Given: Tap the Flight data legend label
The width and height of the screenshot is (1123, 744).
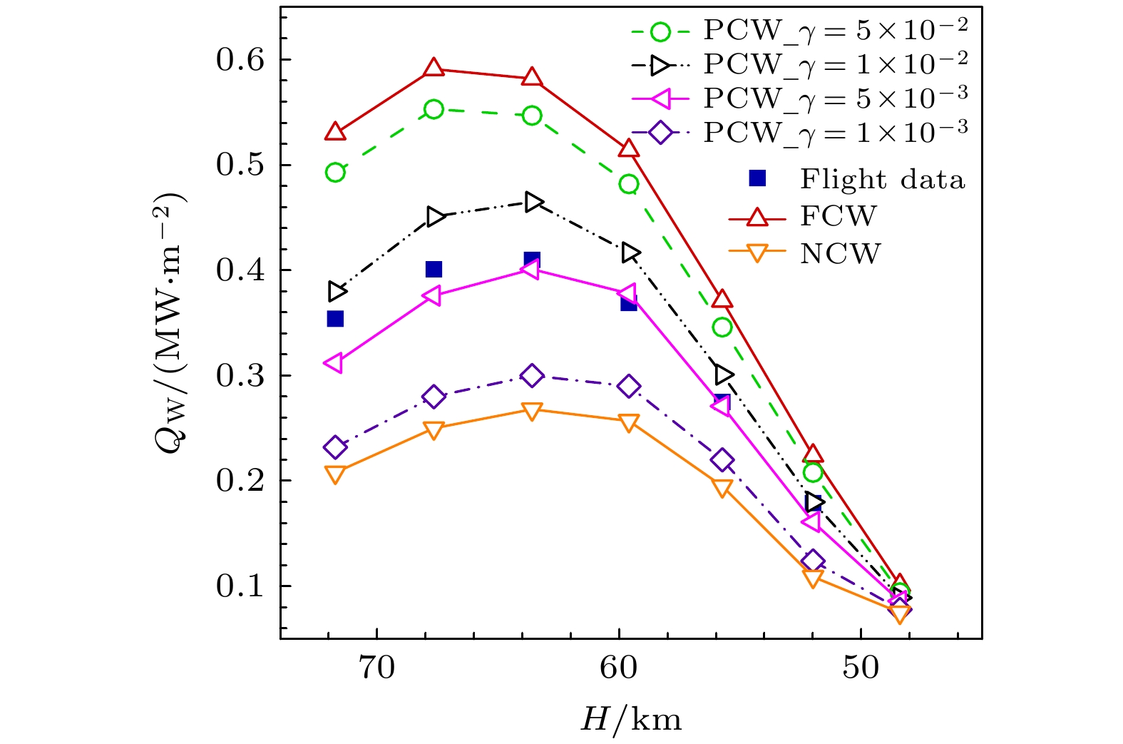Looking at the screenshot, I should click(882, 179).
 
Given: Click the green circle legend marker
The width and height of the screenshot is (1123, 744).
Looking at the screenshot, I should click(661, 31).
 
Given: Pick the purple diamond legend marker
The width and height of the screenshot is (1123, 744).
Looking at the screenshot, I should click(661, 132).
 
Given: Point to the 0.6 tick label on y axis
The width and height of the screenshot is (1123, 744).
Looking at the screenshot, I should click(240, 60).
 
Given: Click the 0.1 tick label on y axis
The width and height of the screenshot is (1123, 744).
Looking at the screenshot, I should click(240, 586).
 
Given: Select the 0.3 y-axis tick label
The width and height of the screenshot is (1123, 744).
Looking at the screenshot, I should click(240, 376).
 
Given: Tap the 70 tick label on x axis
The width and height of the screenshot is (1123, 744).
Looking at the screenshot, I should click(376, 668).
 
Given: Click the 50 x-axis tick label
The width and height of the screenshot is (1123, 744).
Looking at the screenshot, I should click(861, 668).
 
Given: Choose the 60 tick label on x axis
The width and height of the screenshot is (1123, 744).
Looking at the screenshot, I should click(618, 668).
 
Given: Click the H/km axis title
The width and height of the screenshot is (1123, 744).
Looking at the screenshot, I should click(631, 719).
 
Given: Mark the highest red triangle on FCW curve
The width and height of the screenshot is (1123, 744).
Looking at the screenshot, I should click(434, 68).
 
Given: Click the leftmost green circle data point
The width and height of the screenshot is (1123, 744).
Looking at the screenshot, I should click(335, 173).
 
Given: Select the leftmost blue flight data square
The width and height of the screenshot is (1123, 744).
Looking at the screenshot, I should click(335, 319).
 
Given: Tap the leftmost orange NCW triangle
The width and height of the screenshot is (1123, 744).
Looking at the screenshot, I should click(335, 474).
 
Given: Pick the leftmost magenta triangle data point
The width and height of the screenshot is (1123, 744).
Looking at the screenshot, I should click(334, 363).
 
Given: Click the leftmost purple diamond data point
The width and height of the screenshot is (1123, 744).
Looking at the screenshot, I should click(335, 448).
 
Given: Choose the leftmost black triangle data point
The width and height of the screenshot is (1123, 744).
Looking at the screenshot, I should click(337, 291).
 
